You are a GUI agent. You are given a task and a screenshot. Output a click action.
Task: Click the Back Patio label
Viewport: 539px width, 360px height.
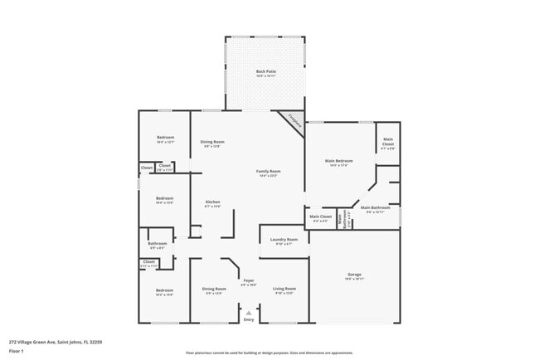pyautogui.click(x=265, y=72)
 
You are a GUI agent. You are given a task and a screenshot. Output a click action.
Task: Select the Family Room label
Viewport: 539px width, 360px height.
pyautogui.click(x=268, y=172)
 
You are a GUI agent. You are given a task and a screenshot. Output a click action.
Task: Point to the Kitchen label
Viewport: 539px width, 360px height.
pyautogui.click(x=212, y=202)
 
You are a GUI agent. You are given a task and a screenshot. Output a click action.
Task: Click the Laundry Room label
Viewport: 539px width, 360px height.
pyautogui.click(x=283, y=240)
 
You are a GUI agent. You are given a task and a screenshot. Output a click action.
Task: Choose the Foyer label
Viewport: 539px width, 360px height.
pyautogui.click(x=248, y=281)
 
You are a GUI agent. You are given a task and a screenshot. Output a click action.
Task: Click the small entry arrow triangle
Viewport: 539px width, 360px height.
pyautogui.click(x=248, y=312)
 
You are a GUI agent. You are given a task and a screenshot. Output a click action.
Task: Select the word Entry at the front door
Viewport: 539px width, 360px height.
pyautogui.click(x=248, y=319)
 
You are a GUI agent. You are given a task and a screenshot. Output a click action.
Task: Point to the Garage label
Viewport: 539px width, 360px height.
pyautogui.click(x=354, y=275)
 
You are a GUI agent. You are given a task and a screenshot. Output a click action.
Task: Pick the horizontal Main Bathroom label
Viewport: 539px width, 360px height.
pyautogui.click(x=375, y=207)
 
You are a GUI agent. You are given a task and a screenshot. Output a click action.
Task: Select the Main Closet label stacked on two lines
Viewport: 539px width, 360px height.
pyautogui.click(x=387, y=144)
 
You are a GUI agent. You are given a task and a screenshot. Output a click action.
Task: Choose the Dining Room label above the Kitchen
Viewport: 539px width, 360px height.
pyautogui.click(x=212, y=142)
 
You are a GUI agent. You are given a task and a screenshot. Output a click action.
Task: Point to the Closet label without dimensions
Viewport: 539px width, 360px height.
pyautogui.click(x=147, y=168)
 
